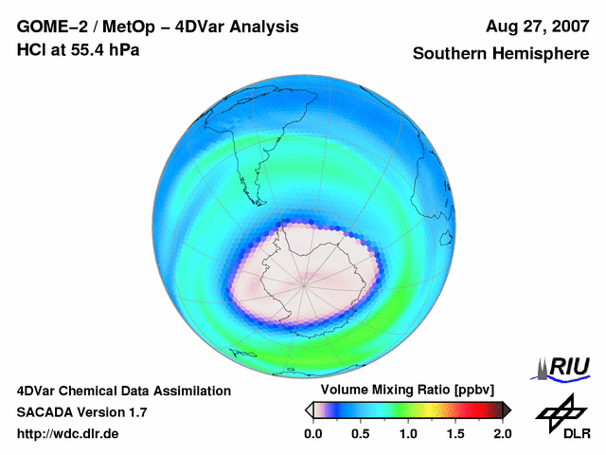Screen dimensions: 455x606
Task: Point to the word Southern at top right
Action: (x=452, y=54)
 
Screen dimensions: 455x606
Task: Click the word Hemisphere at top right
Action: (x=540, y=54)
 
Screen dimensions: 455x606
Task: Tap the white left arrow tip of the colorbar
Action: (x=308, y=409)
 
